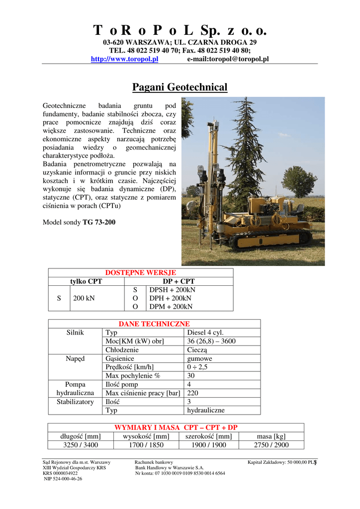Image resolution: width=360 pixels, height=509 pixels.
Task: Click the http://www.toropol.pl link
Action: coord(124,59)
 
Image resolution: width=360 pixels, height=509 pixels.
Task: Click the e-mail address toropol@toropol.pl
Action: coord(228,59)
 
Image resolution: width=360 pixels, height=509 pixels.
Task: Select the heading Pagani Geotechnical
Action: coord(180,87)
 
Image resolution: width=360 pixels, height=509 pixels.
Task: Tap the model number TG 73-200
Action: coord(99,222)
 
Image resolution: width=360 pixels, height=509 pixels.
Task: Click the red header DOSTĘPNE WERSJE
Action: coord(141,273)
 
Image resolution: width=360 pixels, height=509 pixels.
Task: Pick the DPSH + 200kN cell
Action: coord(172,290)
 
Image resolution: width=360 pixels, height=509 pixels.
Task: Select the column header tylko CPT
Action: coord(86,281)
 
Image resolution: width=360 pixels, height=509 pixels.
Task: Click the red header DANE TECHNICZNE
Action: coord(154,324)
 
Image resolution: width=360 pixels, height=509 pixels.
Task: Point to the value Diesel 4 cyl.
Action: coord(205,333)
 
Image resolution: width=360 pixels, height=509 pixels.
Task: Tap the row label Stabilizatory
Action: coord(75,402)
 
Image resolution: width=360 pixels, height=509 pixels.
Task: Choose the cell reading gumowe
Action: coord(199,358)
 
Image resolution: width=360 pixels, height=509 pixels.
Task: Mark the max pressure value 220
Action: coord(193,393)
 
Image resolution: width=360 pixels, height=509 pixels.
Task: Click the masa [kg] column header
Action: coord(271,436)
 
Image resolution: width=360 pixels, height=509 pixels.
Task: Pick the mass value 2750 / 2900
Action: coord(271,445)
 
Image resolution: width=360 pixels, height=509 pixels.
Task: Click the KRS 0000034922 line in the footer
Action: coord(60,473)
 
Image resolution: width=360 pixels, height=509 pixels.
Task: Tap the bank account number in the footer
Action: coord(180,473)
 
